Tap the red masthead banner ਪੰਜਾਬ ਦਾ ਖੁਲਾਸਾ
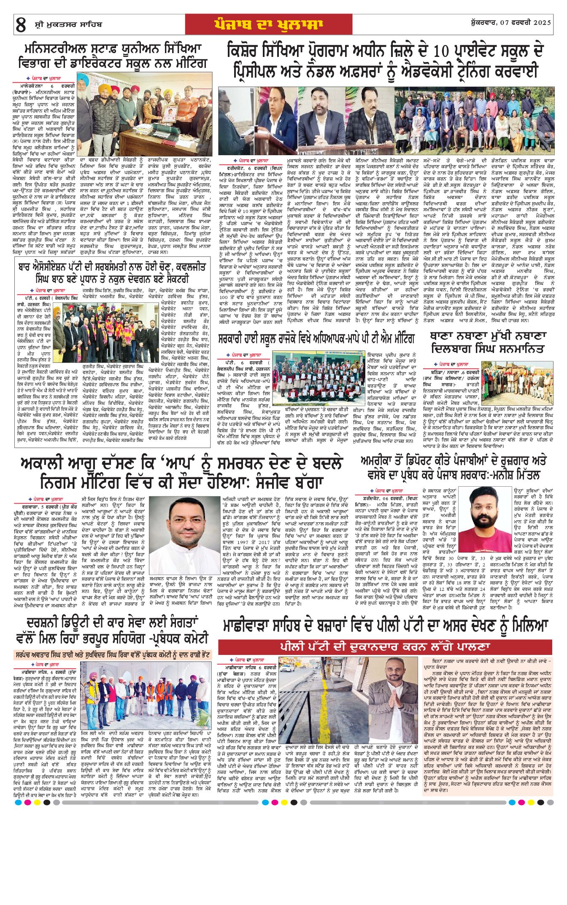coord(268,24)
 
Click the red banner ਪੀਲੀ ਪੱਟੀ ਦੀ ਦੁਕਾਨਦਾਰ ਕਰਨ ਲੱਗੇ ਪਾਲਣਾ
coord(385,646)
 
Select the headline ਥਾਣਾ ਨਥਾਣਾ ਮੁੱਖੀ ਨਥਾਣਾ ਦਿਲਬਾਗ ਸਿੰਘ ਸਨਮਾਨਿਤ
coord(488,342)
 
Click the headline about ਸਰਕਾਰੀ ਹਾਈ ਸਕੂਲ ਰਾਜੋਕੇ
coord(316,338)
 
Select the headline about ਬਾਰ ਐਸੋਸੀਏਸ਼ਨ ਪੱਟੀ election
coord(112,273)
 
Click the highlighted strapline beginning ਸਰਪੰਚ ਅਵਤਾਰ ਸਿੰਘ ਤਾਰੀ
coord(112,655)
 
